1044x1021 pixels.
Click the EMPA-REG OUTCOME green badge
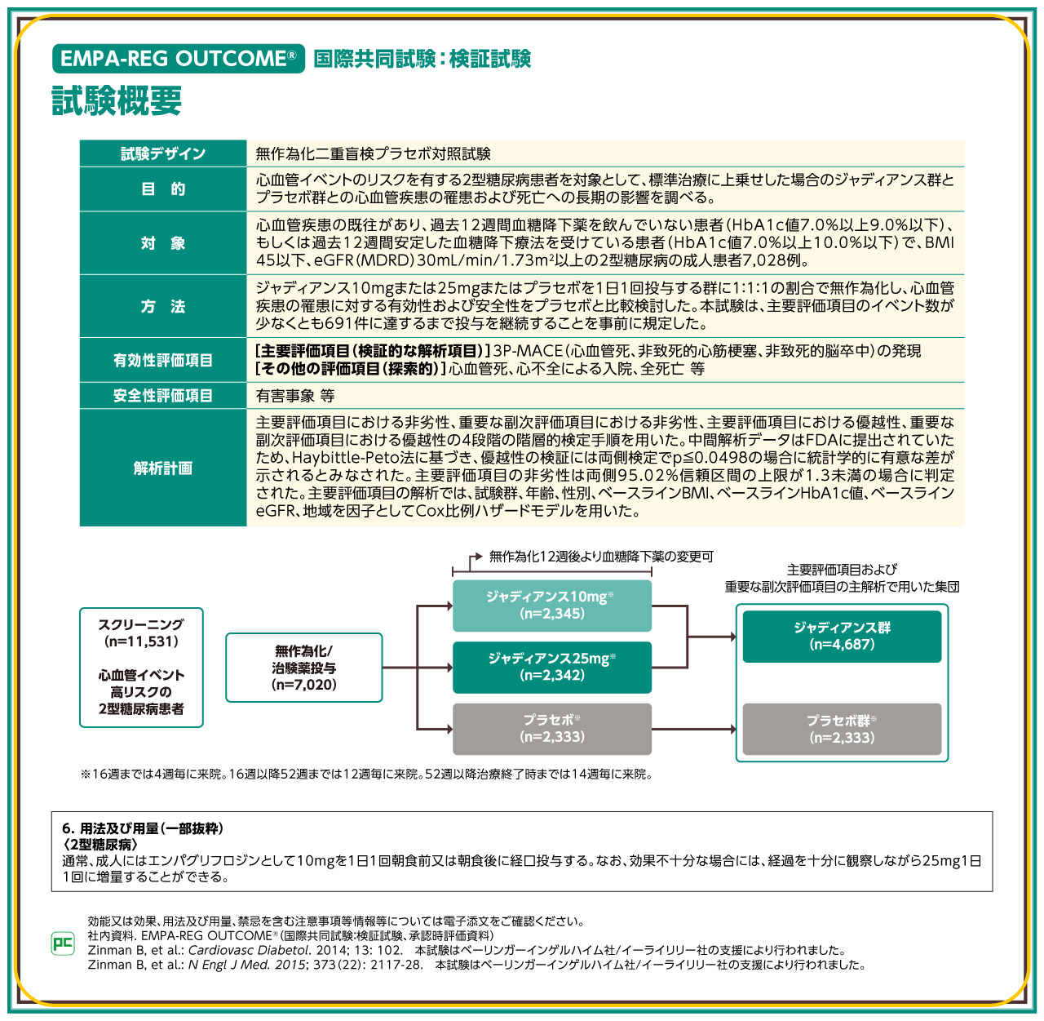tap(178, 59)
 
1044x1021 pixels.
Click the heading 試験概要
tap(117, 101)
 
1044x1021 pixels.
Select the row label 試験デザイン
tap(163, 153)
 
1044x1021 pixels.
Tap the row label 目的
tap(163, 189)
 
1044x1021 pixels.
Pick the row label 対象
tap(163, 243)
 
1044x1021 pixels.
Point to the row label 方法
tap(163, 307)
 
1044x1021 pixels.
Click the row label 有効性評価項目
tap(163, 360)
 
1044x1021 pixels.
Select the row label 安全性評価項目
tap(163, 396)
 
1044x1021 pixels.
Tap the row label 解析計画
tap(163, 468)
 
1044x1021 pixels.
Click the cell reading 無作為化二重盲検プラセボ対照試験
tap(373, 153)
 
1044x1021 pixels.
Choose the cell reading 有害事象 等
tap(295, 396)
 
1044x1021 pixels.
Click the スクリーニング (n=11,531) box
tap(141, 667)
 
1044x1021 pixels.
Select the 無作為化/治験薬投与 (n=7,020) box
tap(303, 668)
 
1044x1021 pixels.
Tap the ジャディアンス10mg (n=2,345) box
tap(552, 606)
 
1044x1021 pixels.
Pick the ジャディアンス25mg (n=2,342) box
tap(552, 667)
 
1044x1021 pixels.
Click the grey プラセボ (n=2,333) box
tap(552, 729)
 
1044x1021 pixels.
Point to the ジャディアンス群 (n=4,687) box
tap(842, 636)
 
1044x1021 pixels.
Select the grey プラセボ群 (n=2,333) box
tap(842, 729)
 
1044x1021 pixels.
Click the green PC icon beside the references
tap(63, 943)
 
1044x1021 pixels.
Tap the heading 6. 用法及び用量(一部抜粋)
tap(143, 828)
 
